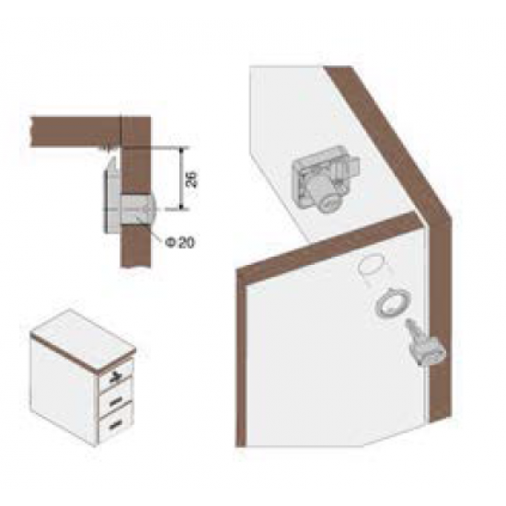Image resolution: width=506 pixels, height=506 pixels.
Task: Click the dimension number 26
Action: coord(191,179)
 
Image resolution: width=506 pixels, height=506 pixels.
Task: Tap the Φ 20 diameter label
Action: coord(180,243)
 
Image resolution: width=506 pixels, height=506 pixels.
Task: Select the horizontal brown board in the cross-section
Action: coord(75,132)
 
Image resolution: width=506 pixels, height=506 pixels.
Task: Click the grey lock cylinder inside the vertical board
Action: coord(137,209)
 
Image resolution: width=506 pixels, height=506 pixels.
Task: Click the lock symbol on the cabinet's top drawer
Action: coord(115,375)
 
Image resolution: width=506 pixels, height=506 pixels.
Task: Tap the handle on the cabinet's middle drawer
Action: coord(116,402)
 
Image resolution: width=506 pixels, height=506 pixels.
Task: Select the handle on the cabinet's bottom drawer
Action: coord(116,426)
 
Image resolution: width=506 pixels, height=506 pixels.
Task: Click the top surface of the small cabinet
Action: coord(83,338)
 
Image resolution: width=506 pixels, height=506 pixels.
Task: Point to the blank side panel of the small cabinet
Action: coord(63,392)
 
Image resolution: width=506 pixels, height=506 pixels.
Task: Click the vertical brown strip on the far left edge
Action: coord(241,358)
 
